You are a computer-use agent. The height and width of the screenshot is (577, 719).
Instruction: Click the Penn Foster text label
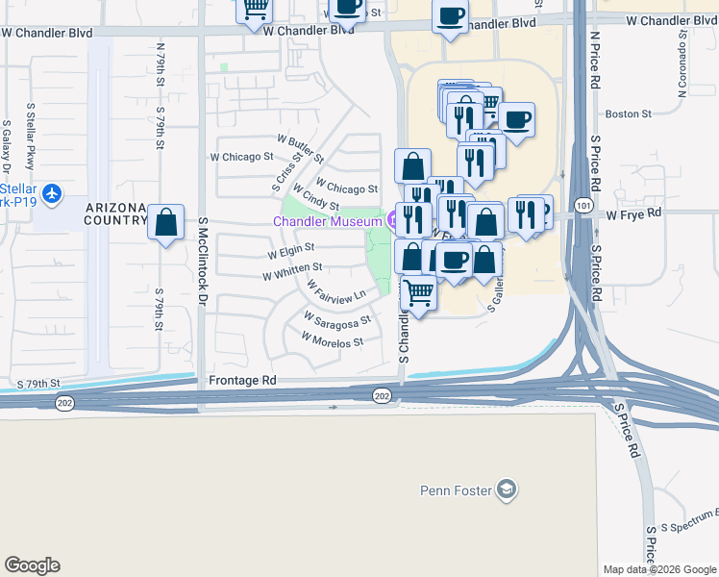[x=456, y=490]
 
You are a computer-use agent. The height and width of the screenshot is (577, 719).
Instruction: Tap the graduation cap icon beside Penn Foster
[x=507, y=490]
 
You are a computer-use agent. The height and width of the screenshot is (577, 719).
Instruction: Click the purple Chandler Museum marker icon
[x=392, y=220]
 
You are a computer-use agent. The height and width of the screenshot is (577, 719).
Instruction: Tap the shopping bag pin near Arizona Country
[x=166, y=222]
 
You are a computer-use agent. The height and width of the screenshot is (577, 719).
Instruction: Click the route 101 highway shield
[x=584, y=205]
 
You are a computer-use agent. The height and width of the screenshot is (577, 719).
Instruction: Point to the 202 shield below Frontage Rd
[x=381, y=396]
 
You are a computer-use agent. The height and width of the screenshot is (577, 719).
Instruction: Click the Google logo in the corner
[x=32, y=565]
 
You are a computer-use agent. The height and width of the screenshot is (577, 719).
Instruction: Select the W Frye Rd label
[x=634, y=213]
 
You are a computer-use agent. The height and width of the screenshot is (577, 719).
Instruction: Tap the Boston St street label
[x=628, y=113]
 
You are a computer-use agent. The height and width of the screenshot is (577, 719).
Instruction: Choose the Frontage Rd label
[x=242, y=381]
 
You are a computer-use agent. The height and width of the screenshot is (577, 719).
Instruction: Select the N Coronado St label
[x=681, y=65]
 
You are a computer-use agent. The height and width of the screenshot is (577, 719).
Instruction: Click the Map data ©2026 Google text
[x=658, y=568]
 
